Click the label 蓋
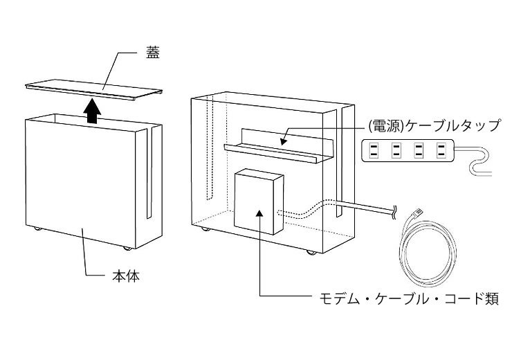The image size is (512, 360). tap(152, 53)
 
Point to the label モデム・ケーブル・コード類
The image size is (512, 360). tap(408, 300)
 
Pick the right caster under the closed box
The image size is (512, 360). tap(126, 247)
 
